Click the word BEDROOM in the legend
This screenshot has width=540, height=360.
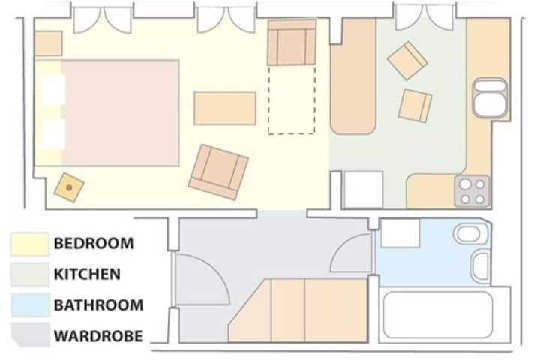[x=94, y=243]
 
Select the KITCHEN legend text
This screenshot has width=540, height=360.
[x=87, y=274]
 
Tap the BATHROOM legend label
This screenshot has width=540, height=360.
[x=98, y=305]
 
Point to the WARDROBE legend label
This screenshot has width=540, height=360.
[x=98, y=336]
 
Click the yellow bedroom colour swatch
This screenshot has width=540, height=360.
[x=29, y=244]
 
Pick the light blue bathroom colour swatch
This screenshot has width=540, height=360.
[x=30, y=305]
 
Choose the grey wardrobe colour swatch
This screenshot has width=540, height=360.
[x=30, y=334]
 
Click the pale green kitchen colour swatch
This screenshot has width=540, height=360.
[x=30, y=274]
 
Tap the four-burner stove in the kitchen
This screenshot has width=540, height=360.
[x=472, y=191]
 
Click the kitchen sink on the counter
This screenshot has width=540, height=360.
[x=490, y=97]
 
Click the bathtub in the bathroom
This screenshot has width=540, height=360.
[x=438, y=315]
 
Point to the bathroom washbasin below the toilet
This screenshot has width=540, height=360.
[x=481, y=266]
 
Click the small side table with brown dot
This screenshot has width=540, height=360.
[x=69, y=187]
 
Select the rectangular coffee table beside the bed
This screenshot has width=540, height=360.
[x=225, y=108]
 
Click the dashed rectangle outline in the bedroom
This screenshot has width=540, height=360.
[x=291, y=99]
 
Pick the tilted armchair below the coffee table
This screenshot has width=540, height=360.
[x=218, y=172]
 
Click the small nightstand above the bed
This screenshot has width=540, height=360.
[x=49, y=43]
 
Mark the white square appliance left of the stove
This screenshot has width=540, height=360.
[x=364, y=190]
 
